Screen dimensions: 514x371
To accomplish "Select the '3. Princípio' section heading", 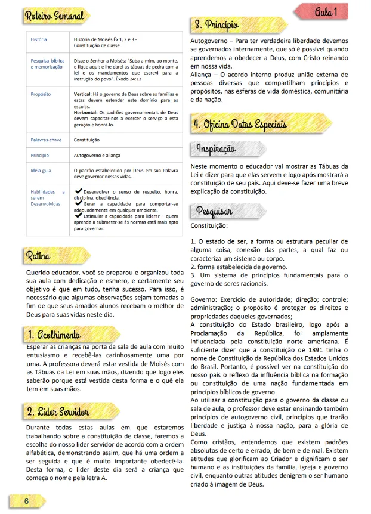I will [217, 24].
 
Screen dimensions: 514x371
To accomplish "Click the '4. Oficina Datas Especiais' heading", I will [240, 125].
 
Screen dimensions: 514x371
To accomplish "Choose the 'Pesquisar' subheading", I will [215, 211].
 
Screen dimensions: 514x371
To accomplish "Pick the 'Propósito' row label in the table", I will [41, 94].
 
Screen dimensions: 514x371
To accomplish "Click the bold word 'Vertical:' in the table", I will [82, 94].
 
